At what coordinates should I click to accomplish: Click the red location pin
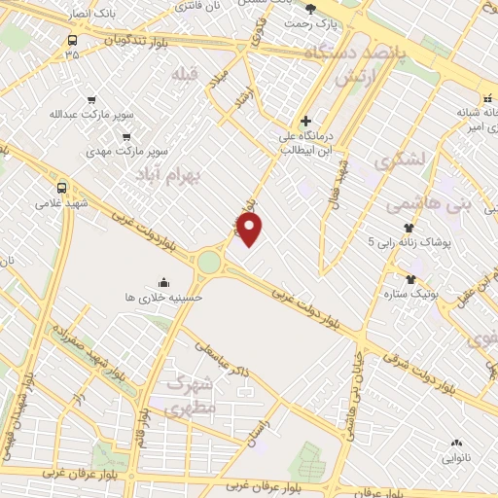250,231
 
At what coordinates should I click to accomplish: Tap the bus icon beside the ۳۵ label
72,41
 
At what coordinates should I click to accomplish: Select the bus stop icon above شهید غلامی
62,188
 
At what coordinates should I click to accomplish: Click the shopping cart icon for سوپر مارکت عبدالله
91,99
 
